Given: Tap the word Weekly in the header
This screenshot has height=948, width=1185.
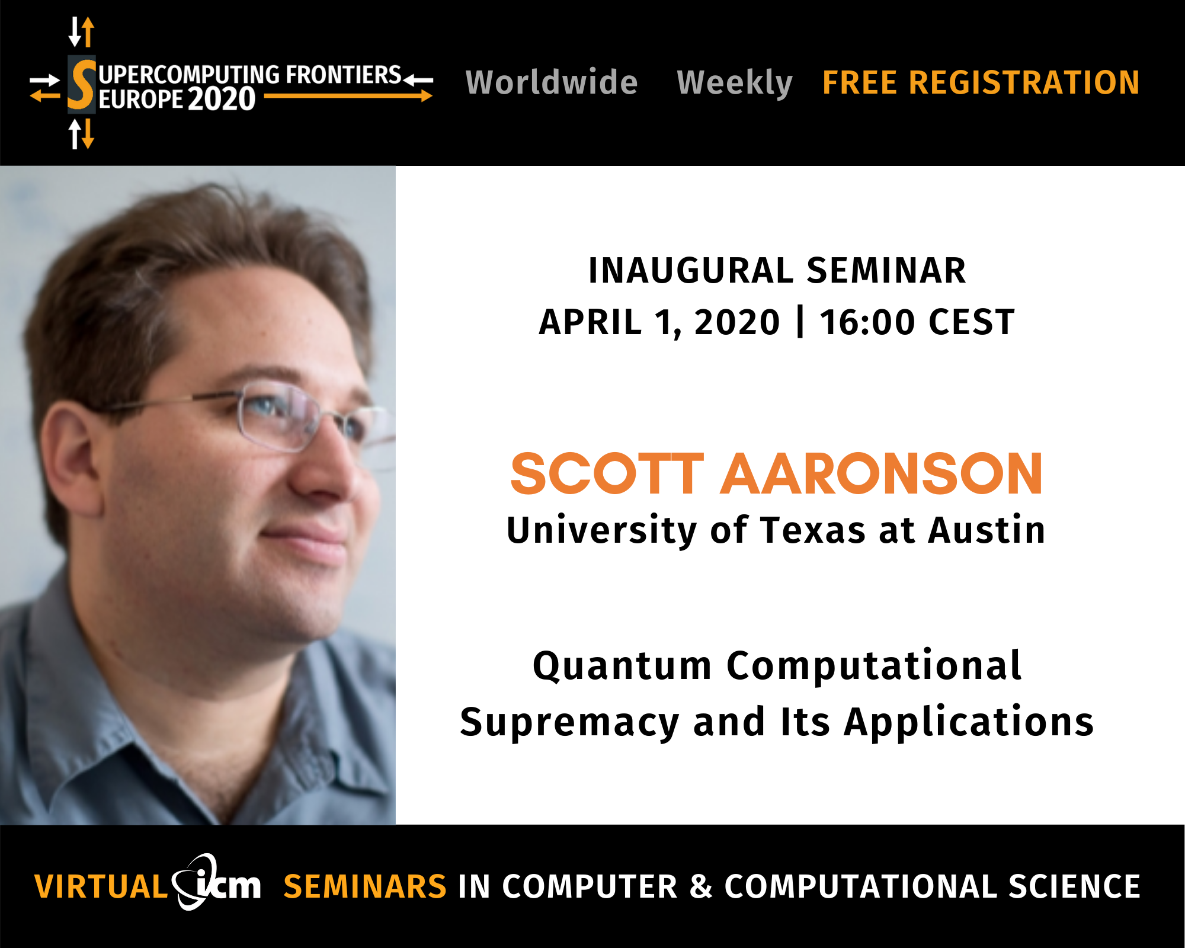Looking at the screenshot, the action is coord(735,83).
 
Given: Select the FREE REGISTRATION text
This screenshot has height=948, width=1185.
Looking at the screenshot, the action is coord(981,82).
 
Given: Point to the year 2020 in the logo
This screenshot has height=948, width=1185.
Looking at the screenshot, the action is coord(222,99).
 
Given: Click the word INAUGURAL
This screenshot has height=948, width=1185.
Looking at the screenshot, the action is coord(691,271).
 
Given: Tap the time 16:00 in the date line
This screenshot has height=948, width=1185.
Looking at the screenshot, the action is coord(867,322).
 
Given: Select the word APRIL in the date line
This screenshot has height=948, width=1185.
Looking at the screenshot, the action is coord(590,322).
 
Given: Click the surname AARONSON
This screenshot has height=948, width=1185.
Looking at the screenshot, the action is coord(882,473).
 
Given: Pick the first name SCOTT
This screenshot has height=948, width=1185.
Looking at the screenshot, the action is coord(607,473).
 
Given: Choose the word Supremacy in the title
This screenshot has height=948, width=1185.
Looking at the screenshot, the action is coord(569,723).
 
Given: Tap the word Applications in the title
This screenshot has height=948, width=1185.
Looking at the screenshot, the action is coord(969,723).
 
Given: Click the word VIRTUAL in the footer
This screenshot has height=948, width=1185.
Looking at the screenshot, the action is coord(101,887).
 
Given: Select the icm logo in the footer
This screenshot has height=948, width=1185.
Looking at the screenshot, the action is coord(216,882).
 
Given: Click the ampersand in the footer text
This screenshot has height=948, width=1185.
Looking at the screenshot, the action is coord(701,887).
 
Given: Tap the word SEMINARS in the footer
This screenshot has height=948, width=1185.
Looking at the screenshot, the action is coord(365,887).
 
